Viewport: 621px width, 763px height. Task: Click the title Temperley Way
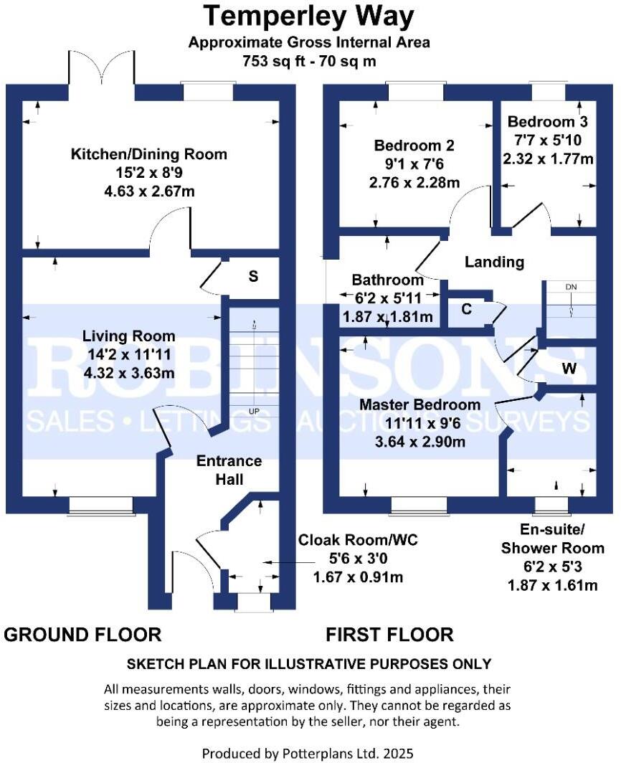(x=309, y=16)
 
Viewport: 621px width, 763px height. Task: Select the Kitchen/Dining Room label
(x=148, y=154)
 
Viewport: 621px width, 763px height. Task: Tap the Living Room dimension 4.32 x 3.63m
(x=128, y=373)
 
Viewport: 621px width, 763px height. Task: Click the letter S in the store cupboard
(x=253, y=277)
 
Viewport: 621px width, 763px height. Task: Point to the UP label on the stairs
(x=253, y=412)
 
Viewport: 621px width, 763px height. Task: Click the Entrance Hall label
(x=229, y=470)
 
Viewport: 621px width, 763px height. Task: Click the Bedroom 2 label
(x=414, y=146)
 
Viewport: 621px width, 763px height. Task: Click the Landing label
(x=494, y=262)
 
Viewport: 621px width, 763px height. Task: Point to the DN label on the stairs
(x=571, y=287)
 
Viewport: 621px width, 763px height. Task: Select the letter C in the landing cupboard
(x=466, y=310)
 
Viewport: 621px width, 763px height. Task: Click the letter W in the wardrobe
(x=569, y=369)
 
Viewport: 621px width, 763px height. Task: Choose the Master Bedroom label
(x=419, y=405)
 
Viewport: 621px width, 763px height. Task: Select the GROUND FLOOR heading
(x=83, y=634)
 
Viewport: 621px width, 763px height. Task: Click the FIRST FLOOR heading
(x=389, y=634)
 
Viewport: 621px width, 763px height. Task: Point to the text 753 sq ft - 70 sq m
(x=309, y=61)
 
